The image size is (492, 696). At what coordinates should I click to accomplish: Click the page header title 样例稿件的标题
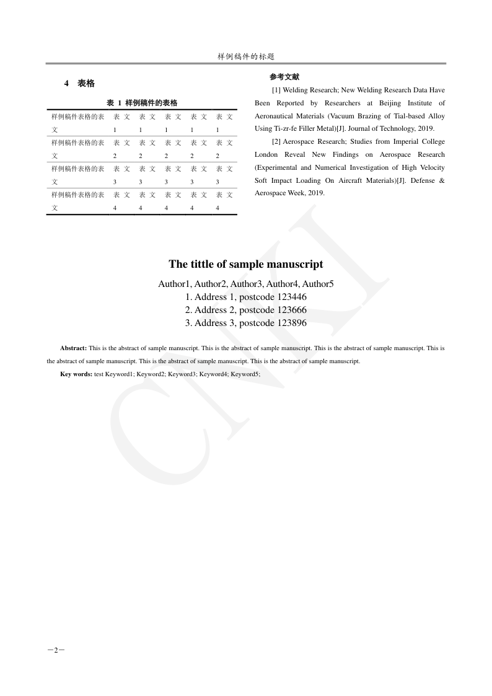click(x=246, y=56)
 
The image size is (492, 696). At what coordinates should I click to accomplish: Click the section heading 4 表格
click(x=79, y=84)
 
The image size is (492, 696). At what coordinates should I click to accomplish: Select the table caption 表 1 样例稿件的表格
click(x=142, y=103)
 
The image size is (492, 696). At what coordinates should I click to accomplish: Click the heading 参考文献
click(x=284, y=77)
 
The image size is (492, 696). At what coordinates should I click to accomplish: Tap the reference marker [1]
click(x=276, y=90)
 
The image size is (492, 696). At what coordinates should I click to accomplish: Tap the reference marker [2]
click(x=276, y=142)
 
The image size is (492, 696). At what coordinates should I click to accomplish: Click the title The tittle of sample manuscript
click(x=246, y=264)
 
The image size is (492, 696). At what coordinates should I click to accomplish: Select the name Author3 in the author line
click(x=247, y=284)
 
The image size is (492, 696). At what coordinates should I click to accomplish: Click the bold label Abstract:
click(x=73, y=349)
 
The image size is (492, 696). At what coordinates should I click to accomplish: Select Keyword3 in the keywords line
click(x=182, y=374)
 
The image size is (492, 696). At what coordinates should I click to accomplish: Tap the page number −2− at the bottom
click(x=56, y=650)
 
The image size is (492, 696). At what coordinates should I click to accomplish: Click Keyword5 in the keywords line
click(x=245, y=374)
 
